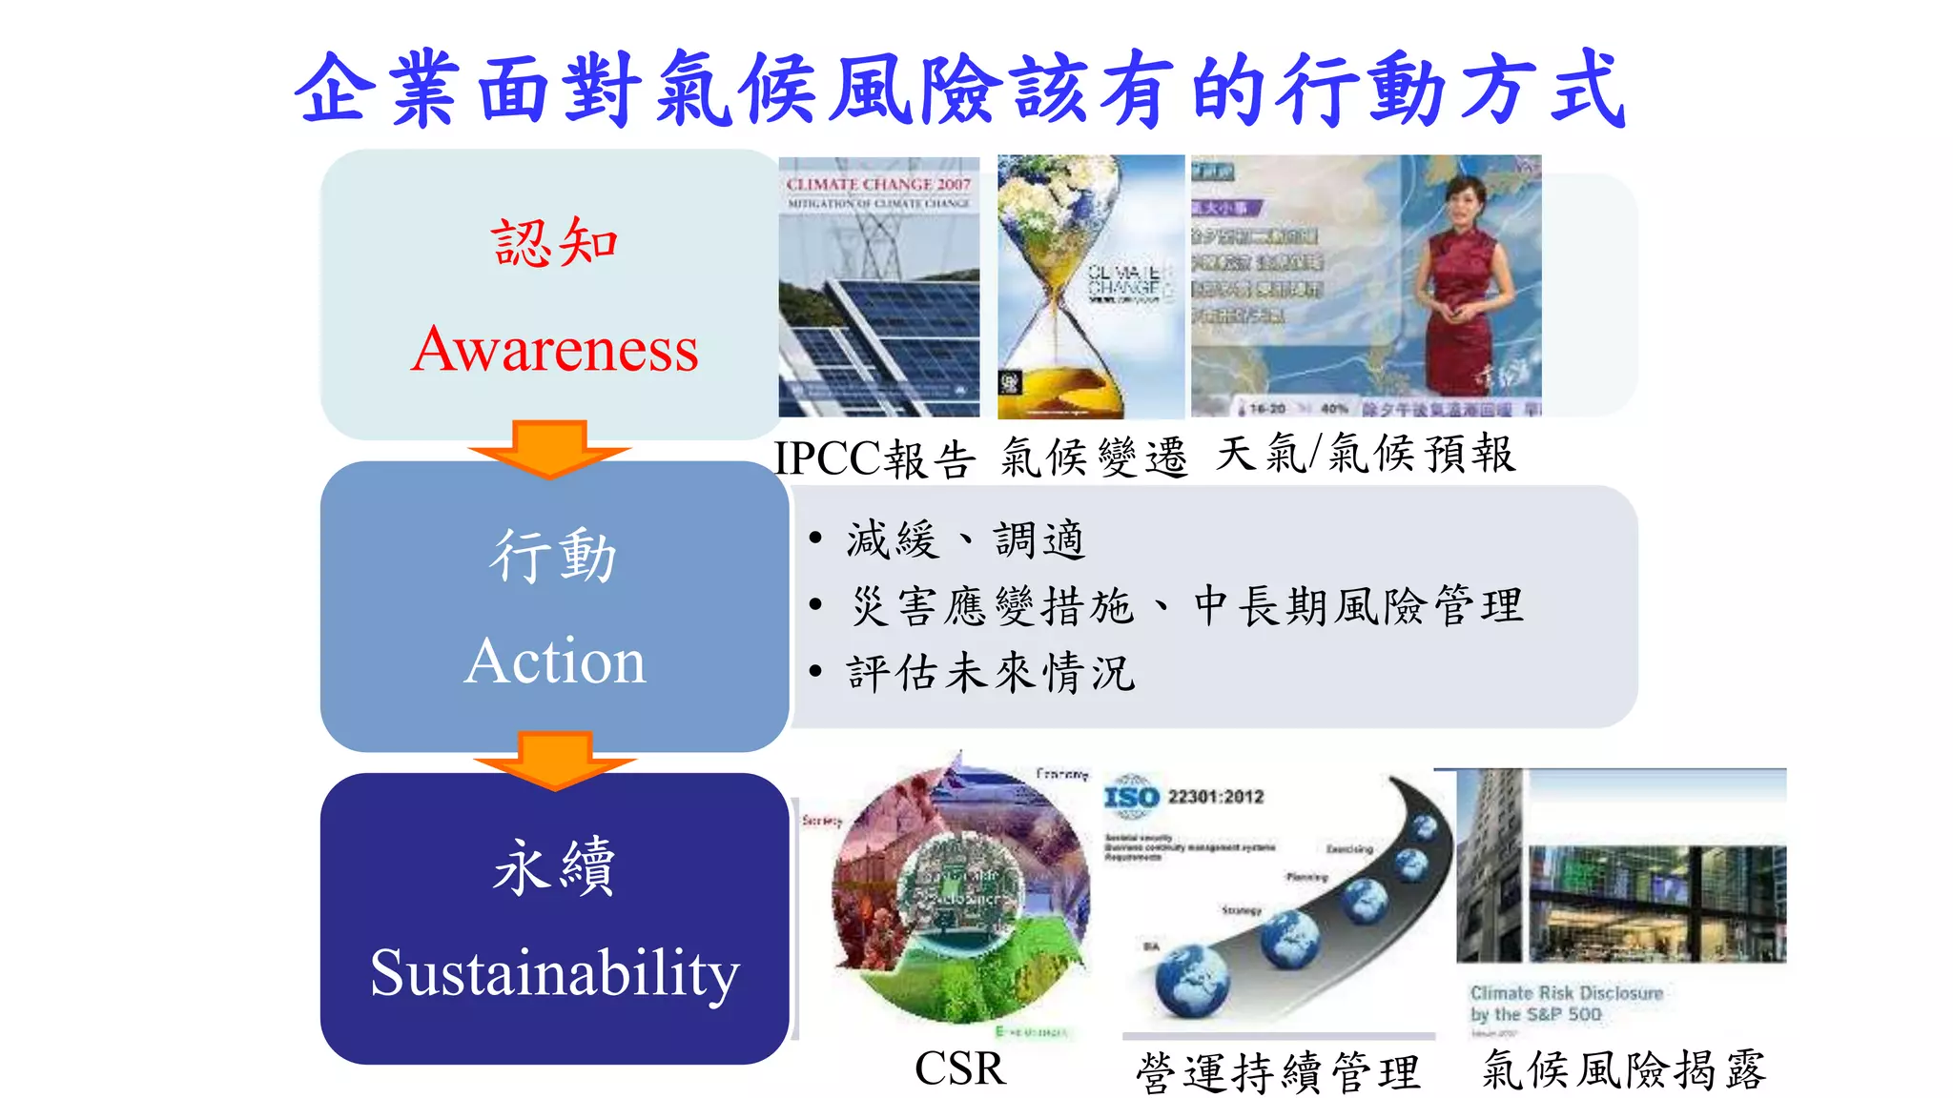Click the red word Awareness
click(555, 349)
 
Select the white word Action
click(555, 661)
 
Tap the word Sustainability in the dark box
click(555, 973)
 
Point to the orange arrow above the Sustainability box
click(555, 759)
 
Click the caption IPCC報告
click(875, 458)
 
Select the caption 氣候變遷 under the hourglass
click(1094, 457)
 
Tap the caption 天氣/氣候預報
click(1365, 454)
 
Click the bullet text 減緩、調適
click(965, 539)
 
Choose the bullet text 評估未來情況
click(990, 673)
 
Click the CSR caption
click(959, 1068)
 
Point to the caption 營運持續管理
click(1278, 1072)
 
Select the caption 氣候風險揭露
click(1624, 1069)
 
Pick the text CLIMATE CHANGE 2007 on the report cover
click(878, 184)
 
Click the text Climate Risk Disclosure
click(1566, 993)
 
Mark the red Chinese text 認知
click(555, 242)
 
